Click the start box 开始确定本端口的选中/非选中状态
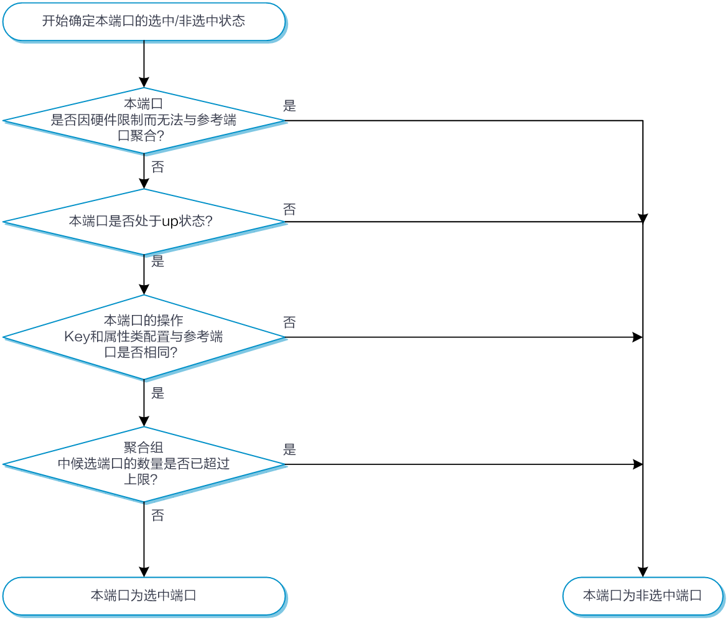tap(144, 22)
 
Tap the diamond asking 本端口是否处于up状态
tap(144, 222)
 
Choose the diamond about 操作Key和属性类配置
tap(144, 337)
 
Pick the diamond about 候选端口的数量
tap(144, 464)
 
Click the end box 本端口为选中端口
tap(144, 596)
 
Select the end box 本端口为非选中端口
tap(642, 596)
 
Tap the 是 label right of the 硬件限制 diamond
tap(289, 106)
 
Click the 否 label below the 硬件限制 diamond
tap(157, 167)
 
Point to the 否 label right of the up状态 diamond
tap(289, 209)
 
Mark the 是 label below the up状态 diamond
tap(157, 261)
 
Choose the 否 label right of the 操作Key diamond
tap(289, 322)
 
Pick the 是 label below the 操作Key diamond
tap(157, 393)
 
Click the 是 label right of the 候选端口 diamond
tap(289, 449)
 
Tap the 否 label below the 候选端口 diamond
tap(157, 515)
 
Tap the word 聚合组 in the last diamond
tap(144, 448)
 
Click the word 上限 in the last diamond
tap(137, 480)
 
